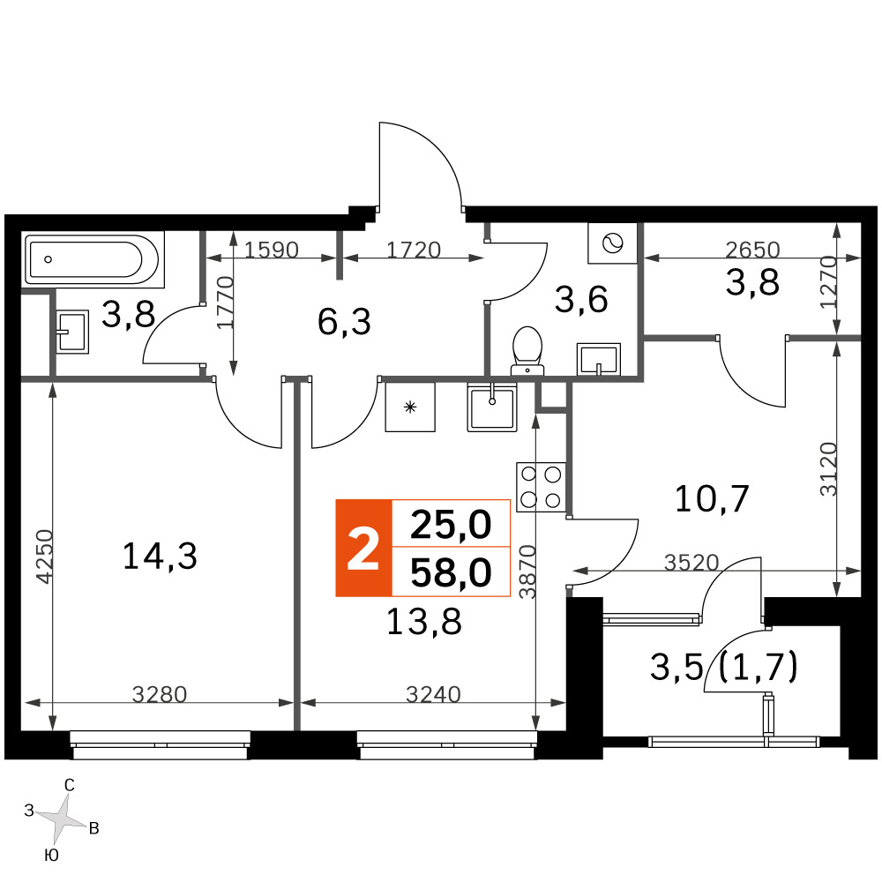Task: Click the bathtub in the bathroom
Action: (x=93, y=259)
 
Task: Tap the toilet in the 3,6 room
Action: (x=527, y=351)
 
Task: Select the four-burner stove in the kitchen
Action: (x=541, y=487)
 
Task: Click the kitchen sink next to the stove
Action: (x=491, y=407)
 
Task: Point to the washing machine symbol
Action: (x=613, y=243)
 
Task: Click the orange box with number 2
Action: (x=363, y=548)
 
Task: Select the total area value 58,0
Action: (x=451, y=572)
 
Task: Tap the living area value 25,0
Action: (x=451, y=524)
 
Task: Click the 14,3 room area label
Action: (x=160, y=556)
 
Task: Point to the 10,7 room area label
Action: (x=712, y=498)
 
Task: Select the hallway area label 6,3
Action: (x=344, y=322)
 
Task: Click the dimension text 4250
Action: (x=44, y=557)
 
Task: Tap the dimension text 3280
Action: (x=159, y=695)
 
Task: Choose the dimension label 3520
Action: (x=691, y=563)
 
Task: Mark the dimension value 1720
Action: (x=414, y=250)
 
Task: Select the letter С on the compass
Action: (x=70, y=785)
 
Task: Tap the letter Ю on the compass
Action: (x=51, y=856)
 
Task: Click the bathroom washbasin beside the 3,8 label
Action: (x=72, y=332)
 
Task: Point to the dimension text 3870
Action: (x=527, y=571)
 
